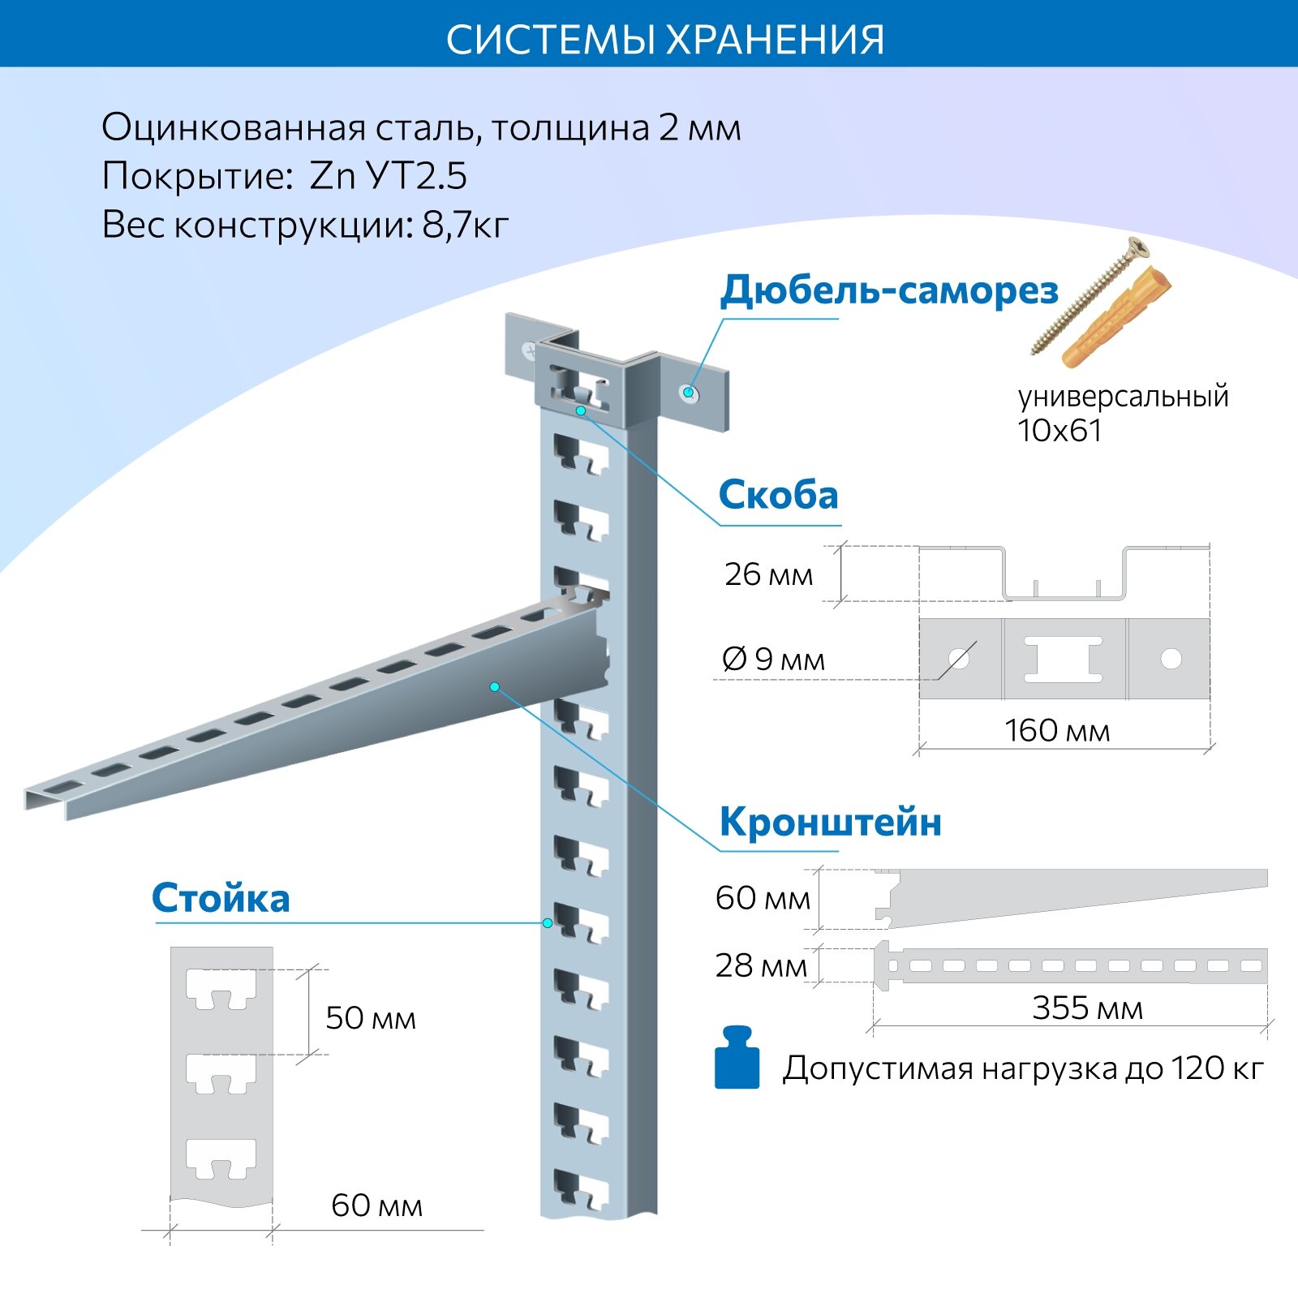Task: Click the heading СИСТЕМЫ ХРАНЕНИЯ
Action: [x=664, y=39]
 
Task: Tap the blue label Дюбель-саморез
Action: [x=889, y=290]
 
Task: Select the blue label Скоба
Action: [x=778, y=495]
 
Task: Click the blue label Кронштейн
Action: [x=830, y=822]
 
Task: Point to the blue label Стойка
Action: [x=221, y=898]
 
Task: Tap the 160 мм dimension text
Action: [x=1057, y=730]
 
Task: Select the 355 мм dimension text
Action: [x=1087, y=1008]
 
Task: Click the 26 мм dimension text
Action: [x=768, y=574]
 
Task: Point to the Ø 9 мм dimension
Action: [x=773, y=660]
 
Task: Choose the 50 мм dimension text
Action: [x=371, y=1018]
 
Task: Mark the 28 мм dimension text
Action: [x=761, y=965]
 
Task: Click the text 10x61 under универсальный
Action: [x=1059, y=431]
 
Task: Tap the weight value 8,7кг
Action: [x=465, y=225]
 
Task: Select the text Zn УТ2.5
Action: [x=388, y=176]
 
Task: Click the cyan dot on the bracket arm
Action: [x=495, y=687]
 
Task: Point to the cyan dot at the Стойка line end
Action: [x=548, y=923]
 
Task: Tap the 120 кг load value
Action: [x=1216, y=1068]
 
